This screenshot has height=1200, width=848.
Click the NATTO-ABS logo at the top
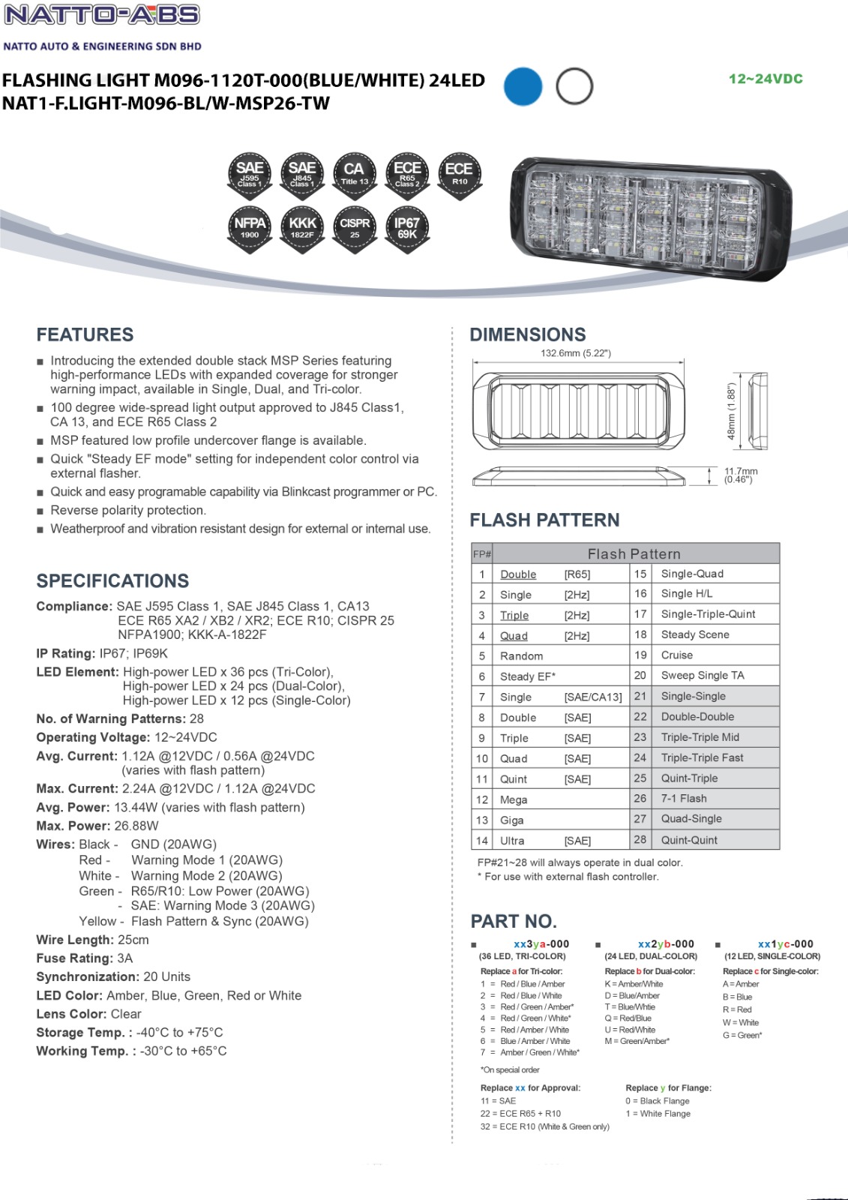pos(103,16)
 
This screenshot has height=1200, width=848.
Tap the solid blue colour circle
pos(523,85)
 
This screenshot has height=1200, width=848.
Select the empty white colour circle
pos(574,85)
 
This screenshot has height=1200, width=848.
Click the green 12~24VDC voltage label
pos(766,79)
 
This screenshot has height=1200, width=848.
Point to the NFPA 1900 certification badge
pos(250,227)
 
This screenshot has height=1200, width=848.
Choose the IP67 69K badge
pos(406,227)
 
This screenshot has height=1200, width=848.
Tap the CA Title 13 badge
pos(354,173)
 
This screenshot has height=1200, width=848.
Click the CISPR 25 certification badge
pos(354,227)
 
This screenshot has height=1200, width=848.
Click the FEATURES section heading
pos(85,334)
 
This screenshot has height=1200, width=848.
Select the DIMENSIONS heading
pos(528,334)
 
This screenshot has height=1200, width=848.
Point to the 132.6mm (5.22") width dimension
pos(576,353)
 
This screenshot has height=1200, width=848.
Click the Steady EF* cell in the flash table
pos(528,676)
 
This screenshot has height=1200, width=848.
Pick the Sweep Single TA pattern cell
pos(703,675)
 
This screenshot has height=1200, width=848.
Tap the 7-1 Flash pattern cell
pos(684,799)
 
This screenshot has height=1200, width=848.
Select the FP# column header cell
pos(481,554)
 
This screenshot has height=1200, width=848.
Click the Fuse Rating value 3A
pos(124,958)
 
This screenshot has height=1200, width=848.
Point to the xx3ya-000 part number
pos(541,944)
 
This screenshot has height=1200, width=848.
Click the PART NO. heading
pos(514,922)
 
